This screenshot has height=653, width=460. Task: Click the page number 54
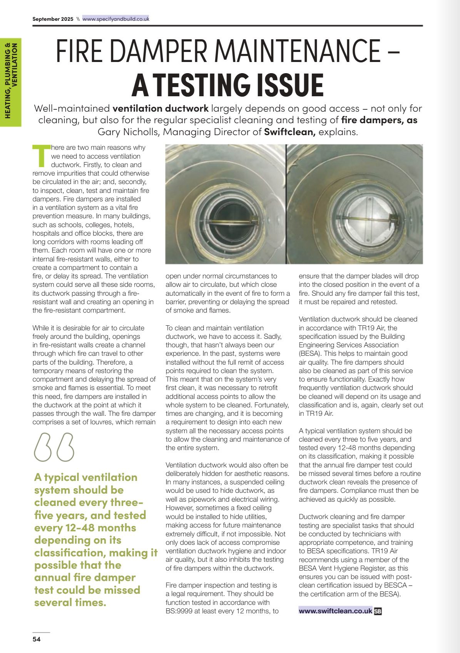(x=36, y=640)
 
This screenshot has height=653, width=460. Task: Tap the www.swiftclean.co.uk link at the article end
(x=335, y=611)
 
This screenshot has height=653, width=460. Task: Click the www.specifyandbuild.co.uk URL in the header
(x=115, y=19)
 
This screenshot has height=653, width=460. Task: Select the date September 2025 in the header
(x=53, y=19)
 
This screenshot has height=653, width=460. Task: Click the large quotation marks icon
(x=54, y=447)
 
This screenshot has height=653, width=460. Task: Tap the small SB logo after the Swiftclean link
(x=378, y=611)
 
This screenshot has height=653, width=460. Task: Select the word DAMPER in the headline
(x=162, y=51)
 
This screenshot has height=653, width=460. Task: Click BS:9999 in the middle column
(x=180, y=611)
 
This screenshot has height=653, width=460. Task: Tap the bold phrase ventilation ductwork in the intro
(x=161, y=109)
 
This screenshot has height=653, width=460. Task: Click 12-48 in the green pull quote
(x=72, y=528)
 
